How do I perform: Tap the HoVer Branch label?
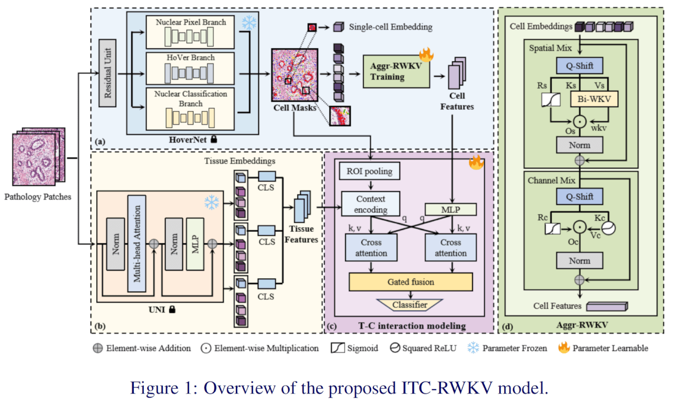[x=190, y=58]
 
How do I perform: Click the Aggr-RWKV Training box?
[x=396, y=72]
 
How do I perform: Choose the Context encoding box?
[x=371, y=204]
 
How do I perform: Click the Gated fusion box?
[x=411, y=282]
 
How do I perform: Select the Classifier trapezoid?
[x=410, y=305]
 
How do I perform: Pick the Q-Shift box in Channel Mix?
[x=579, y=197]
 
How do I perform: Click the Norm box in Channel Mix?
[x=579, y=261]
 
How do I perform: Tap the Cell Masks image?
[x=294, y=74]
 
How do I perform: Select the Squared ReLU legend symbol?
[x=395, y=348]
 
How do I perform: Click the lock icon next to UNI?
[x=172, y=310]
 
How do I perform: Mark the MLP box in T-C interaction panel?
[x=450, y=209]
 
